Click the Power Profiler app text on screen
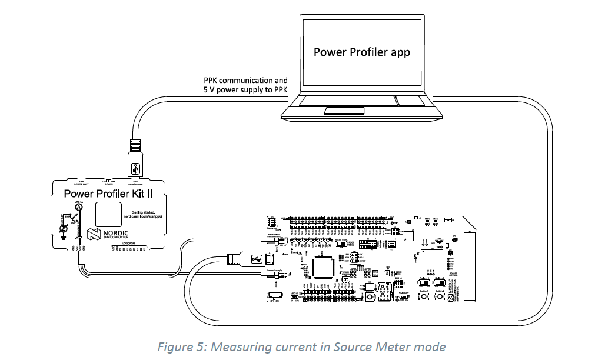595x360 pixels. point(361,52)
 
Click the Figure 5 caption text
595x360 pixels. point(301,346)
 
